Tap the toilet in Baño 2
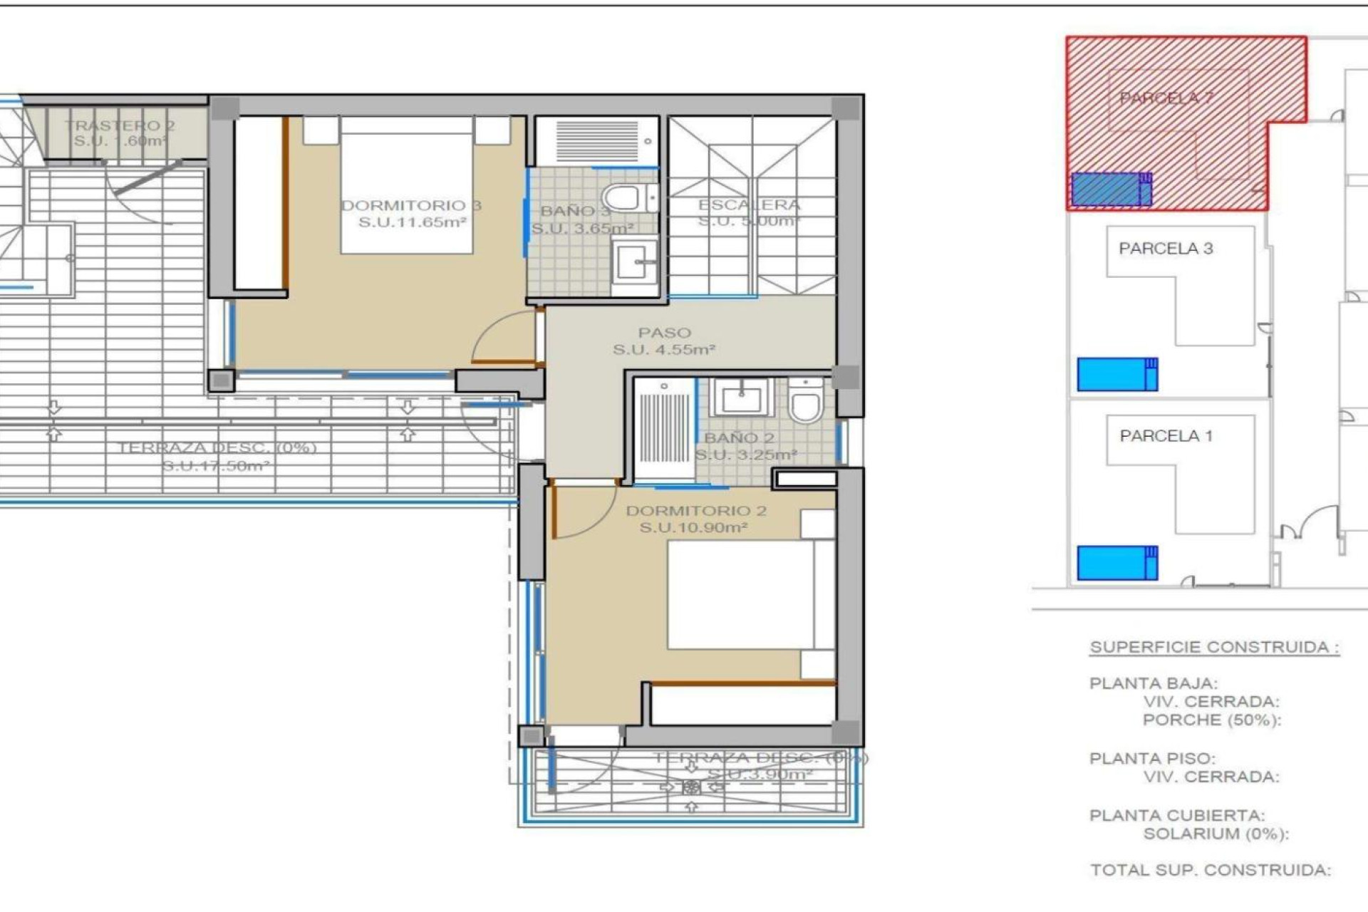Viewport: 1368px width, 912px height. coord(806,403)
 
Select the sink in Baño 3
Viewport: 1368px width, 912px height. coord(634,263)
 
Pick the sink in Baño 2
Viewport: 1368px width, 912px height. coord(742,398)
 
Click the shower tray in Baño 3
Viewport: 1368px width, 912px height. coord(597,141)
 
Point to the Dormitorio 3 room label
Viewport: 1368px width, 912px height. coord(411,206)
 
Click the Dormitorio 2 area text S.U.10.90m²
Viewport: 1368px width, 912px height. coord(693,528)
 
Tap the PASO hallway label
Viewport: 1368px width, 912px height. coord(664,333)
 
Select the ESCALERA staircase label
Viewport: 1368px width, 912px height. coord(749,205)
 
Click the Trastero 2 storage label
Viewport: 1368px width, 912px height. coord(120,126)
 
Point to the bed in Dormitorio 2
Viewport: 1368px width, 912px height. coord(741,594)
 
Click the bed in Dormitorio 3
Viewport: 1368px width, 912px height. coord(407,185)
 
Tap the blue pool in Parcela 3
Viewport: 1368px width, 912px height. coord(1116,374)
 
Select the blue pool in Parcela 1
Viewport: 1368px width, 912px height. coord(1116,562)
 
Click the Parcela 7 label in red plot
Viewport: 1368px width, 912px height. coord(1166,98)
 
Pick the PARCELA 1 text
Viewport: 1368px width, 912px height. coord(1166,435)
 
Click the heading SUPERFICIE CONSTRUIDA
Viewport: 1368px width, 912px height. coord(1214,647)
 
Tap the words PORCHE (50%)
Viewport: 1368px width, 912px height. coord(1211,720)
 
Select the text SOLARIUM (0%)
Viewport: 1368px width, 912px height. coord(1216,834)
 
